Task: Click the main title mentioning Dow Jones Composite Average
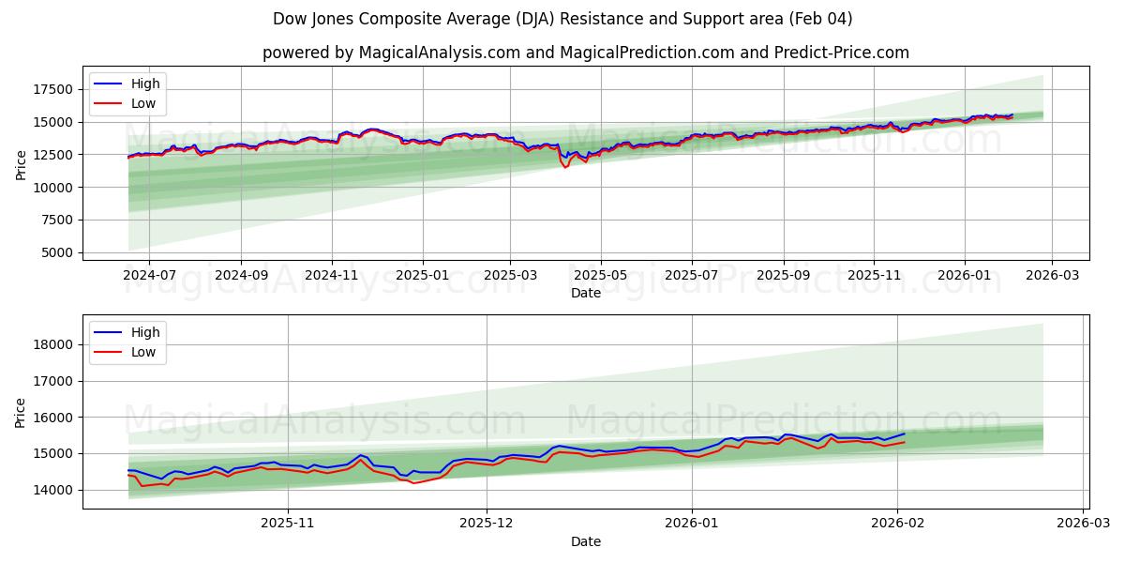pyautogui.click(x=562, y=19)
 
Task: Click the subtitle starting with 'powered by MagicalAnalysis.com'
pyautogui.click(x=585, y=53)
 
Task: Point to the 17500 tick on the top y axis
pyautogui.click(x=52, y=89)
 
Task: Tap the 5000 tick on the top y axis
pyautogui.click(x=56, y=252)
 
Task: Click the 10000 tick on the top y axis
pyautogui.click(x=52, y=187)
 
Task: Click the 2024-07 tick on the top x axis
pyautogui.click(x=149, y=276)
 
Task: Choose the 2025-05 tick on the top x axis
pyautogui.click(x=600, y=276)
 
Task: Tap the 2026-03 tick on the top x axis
pyautogui.click(x=1051, y=276)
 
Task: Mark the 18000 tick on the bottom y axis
pyautogui.click(x=52, y=344)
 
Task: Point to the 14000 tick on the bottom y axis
pyautogui.click(x=52, y=490)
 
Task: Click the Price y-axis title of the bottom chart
pyautogui.click(x=21, y=412)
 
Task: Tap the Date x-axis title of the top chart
pyautogui.click(x=585, y=293)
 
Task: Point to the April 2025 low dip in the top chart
pyautogui.click(x=565, y=167)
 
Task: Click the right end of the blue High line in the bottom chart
pyautogui.click(x=905, y=434)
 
